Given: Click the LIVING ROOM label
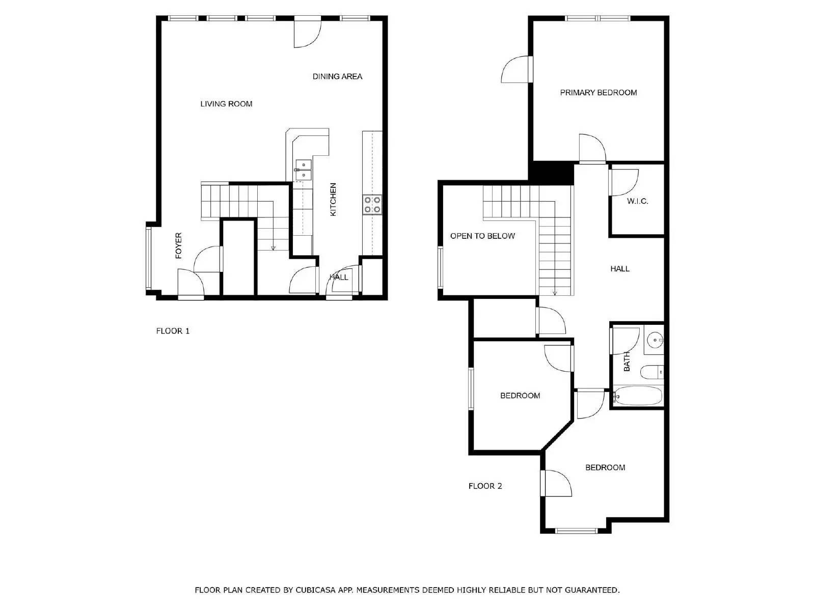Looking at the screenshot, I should click(x=226, y=104).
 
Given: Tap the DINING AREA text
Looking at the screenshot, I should click(x=337, y=76).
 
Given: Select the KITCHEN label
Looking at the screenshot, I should click(x=333, y=200).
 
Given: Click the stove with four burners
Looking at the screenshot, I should click(x=372, y=204).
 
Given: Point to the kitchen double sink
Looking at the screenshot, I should click(x=303, y=170).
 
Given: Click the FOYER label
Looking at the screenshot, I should click(x=178, y=245).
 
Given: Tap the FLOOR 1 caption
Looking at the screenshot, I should click(x=173, y=331).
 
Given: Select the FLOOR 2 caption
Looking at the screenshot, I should click(x=485, y=486).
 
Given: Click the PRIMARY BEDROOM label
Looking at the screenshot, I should click(x=598, y=93).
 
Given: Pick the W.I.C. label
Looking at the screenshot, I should click(x=637, y=201).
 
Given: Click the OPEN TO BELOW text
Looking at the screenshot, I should click(x=482, y=236).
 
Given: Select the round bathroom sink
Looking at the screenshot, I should click(x=655, y=338).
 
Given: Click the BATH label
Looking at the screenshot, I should click(x=627, y=361).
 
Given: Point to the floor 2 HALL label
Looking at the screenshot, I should click(x=620, y=268).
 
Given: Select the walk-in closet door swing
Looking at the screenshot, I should click(x=623, y=182).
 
